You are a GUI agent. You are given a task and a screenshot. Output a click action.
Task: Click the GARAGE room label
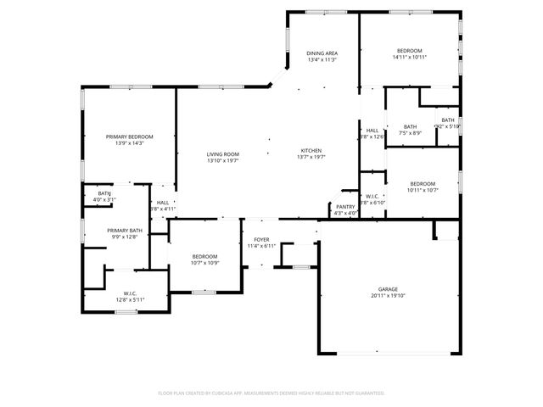click(x=388, y=289)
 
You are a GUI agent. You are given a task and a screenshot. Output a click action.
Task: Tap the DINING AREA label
click(x=322, y=53)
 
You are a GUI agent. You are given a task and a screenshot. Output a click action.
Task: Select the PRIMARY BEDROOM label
click(x=130, y=137)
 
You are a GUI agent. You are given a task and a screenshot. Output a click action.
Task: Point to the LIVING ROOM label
click(x=223, y=153)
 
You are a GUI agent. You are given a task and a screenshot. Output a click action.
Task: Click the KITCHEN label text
click(x=311, y=151)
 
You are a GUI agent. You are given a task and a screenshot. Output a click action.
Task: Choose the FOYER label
click(x=261, y=240)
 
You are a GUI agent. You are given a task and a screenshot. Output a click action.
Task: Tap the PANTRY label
click(x=345, y=206)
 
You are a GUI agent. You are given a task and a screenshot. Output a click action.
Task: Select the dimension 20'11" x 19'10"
click(x=388, y=296)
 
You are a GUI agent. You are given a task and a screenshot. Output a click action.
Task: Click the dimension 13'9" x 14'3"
click(x=130, y=143)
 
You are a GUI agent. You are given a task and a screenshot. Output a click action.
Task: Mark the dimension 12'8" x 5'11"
click(x=130, y=300)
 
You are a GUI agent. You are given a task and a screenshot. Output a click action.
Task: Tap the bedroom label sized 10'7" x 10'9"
click(x=204, y=256)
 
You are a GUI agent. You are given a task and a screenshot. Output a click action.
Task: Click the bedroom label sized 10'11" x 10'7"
click(x=423, y=184)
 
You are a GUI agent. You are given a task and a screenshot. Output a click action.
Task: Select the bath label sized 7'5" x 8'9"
click(x=410, y=126)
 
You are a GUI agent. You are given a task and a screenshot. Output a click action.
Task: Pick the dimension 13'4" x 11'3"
click(x=322, y=60)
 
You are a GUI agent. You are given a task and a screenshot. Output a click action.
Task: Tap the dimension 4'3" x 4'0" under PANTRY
click(x=345, y=213)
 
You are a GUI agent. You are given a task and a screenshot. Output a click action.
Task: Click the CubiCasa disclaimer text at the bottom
click(x=271, y=393)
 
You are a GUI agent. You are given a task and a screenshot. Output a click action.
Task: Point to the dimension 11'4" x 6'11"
click(x=261, y=247)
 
